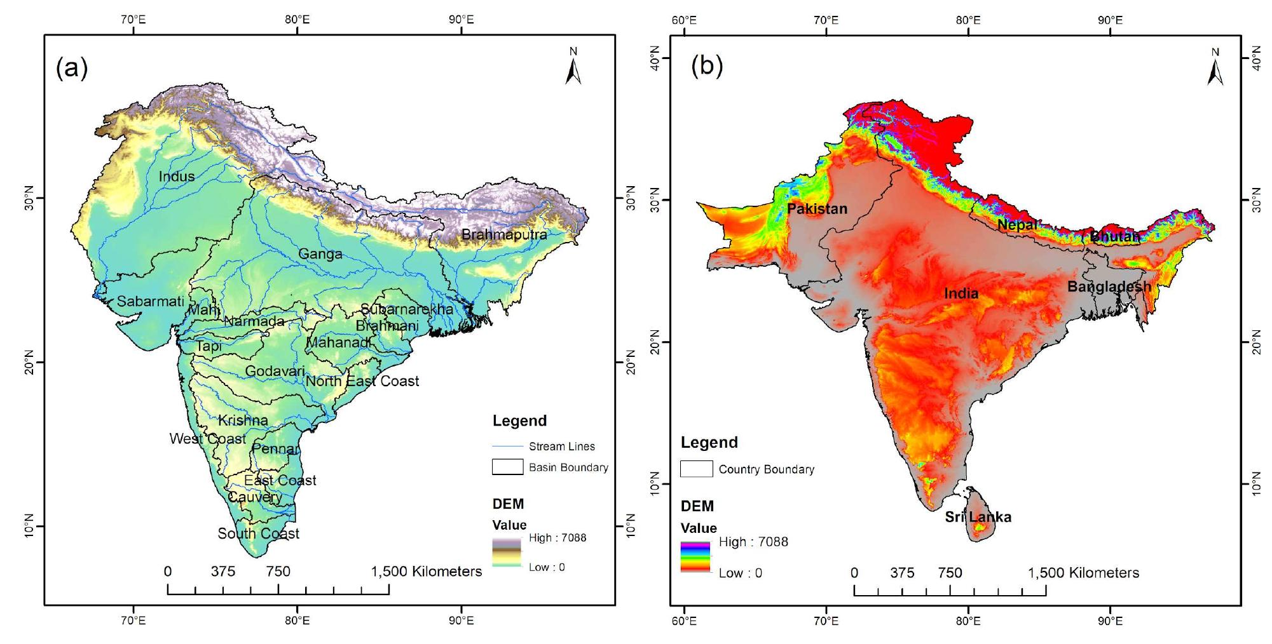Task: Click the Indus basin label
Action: point(177,177)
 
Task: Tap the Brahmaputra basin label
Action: point(504,235)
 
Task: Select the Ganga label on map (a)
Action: point(320,255)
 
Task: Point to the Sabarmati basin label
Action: point(150,302)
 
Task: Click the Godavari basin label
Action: point(275,371)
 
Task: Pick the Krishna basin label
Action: point(243,420)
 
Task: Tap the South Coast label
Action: point(258,533)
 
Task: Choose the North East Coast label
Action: point(362,381)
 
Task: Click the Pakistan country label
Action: point(817,209)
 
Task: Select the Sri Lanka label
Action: point(978,517)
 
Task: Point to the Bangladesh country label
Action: point(1109,287)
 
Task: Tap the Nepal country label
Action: point(1017,225)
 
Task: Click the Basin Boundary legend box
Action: point(507,467)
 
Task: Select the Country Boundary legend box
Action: point(696,469)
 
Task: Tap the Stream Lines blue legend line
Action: point(507,446)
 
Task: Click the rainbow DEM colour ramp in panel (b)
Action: point(695,557)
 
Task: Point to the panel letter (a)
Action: point(72,67)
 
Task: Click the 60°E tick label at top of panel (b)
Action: point(684,20)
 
